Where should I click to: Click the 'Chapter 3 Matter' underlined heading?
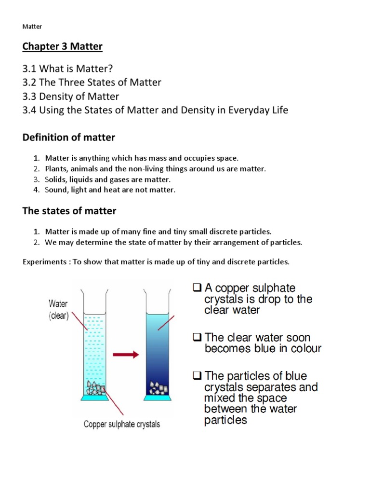[63, 46]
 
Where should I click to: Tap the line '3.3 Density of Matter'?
[71, 96]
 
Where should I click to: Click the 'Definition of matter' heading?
[69, 137]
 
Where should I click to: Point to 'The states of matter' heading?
[69, 211]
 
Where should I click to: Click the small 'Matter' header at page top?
[33, 27]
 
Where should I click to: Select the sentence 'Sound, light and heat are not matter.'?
[110, 190]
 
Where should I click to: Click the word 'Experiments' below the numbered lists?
[46, 262]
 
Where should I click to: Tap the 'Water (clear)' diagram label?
[58, 310]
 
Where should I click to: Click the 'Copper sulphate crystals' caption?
[122, 425]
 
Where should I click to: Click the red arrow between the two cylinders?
[126, 355]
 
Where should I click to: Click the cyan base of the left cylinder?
[96, 399]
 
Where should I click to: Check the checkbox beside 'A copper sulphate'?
[197, 288]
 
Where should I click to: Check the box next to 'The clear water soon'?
[197, 337]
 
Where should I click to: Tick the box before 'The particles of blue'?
[197, 375]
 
